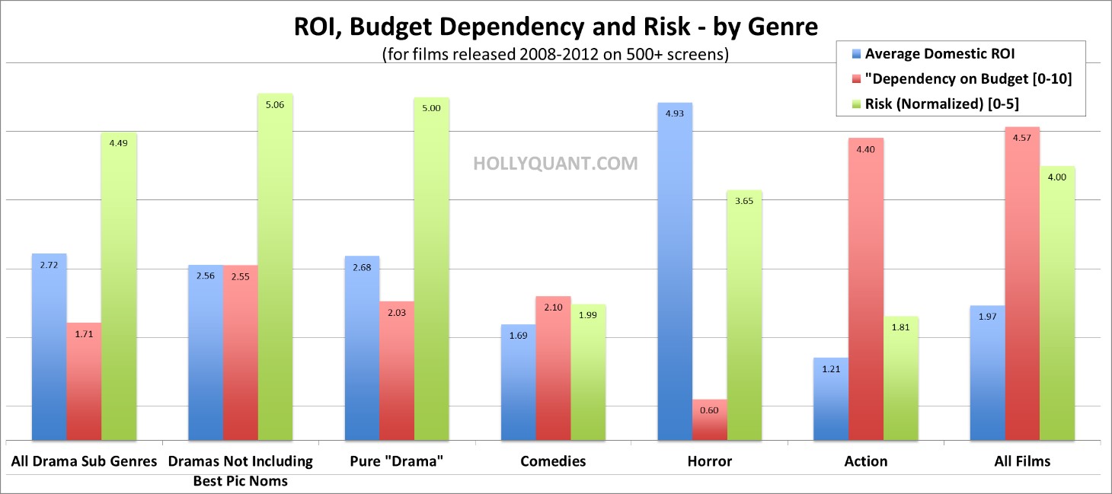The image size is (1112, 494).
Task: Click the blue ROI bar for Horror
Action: [x=674, y=274]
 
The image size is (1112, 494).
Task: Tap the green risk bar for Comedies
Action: [x=588, y=373]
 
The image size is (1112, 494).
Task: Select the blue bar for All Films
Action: [x=987, y=373]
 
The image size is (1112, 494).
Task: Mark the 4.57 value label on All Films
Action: [x=1021, y=139]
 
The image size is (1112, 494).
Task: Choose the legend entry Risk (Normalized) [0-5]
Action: [x=942, y=103]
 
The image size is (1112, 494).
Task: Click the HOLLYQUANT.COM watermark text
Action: [x=555, y=163]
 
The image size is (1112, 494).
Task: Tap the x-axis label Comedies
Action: [x=553, y=461]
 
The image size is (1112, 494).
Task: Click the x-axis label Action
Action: [x=866, y=461]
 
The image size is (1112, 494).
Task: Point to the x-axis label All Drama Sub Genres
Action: [x=84, y=461]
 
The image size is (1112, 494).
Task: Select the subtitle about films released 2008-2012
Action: [x=555, y=56]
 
